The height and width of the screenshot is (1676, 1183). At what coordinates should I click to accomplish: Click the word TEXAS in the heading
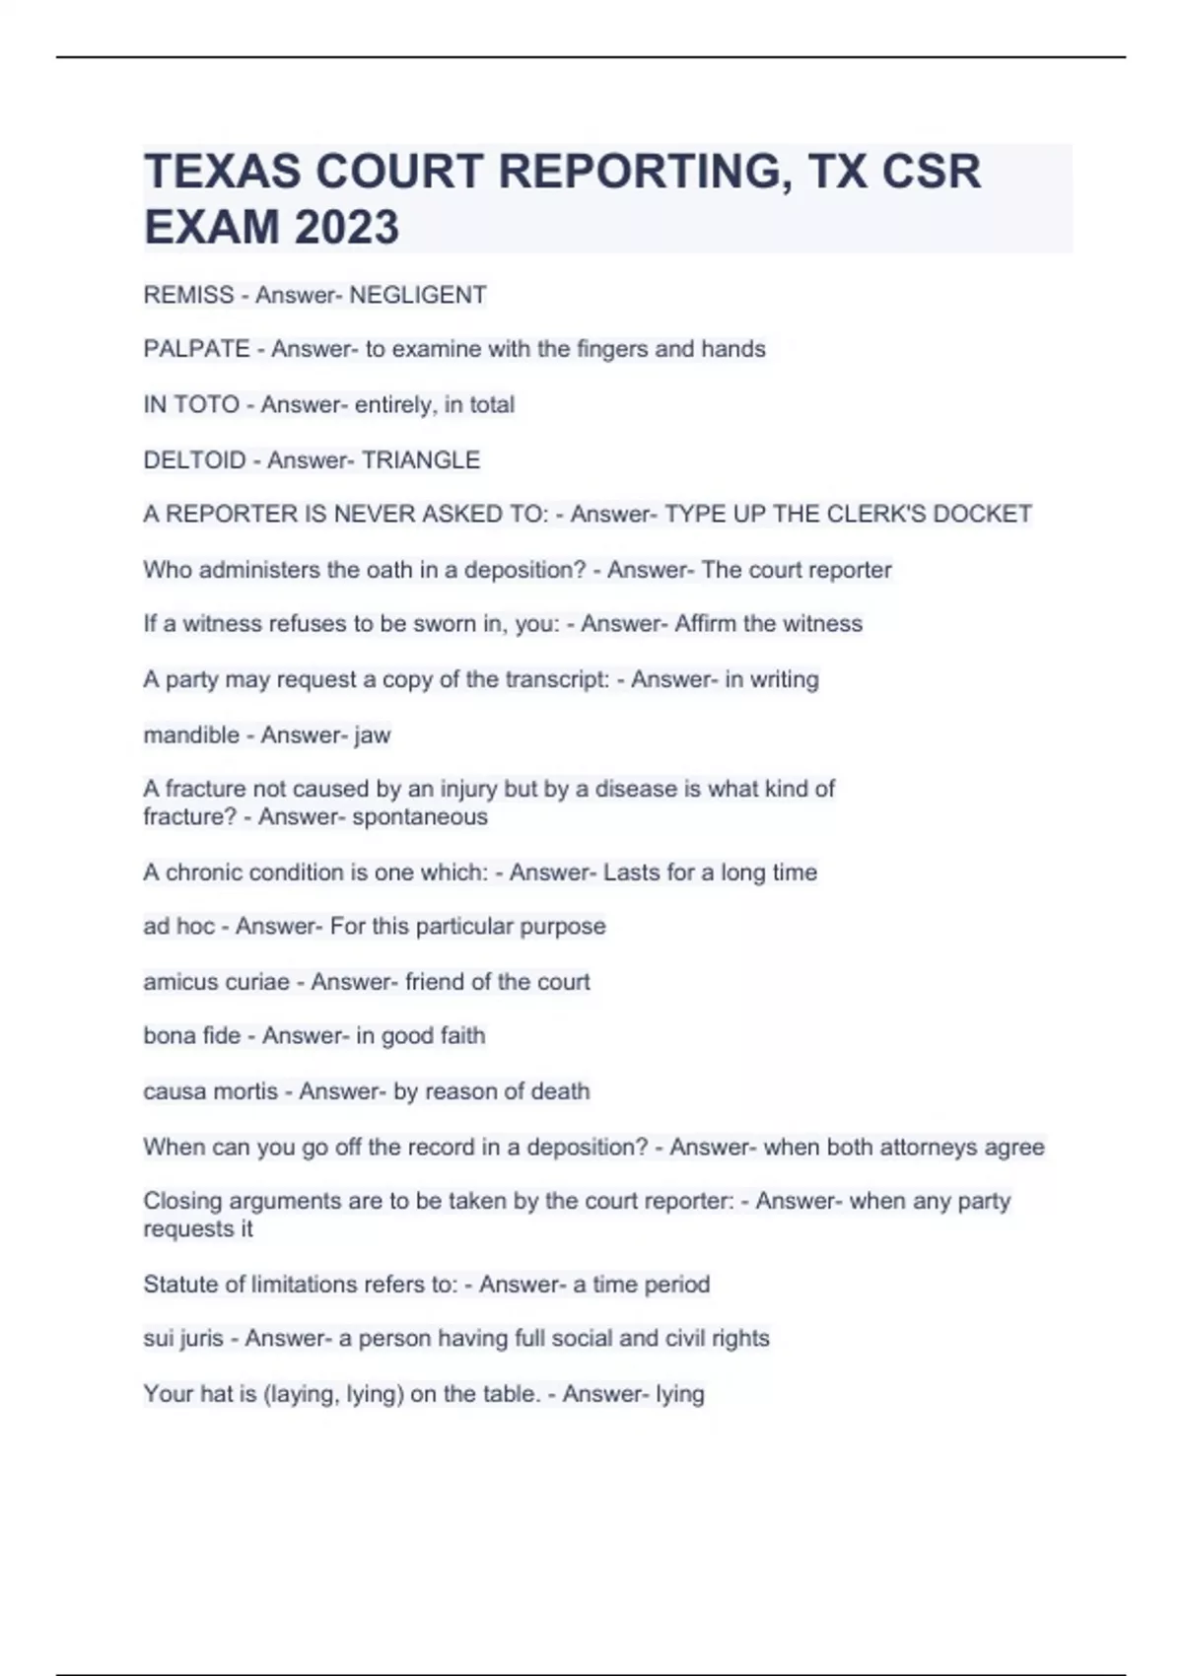click(x=223, y=172)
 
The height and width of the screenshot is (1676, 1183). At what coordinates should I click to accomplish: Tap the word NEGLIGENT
click(x=418, y=295)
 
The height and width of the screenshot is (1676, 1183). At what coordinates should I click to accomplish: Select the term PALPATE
click(x=196, y=349)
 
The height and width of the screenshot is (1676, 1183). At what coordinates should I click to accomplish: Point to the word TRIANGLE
click(x=421, y=459)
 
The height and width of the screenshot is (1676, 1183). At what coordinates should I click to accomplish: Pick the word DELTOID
click(x=194, y=459)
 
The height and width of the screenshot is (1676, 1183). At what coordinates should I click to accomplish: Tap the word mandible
click(x=191, y=734)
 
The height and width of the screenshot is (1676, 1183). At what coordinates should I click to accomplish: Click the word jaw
click(x=373, y=735)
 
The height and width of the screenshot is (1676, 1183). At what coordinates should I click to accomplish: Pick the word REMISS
click(x=188, y=295)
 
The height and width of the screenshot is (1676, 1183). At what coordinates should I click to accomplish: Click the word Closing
click(x=180, y=1201)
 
